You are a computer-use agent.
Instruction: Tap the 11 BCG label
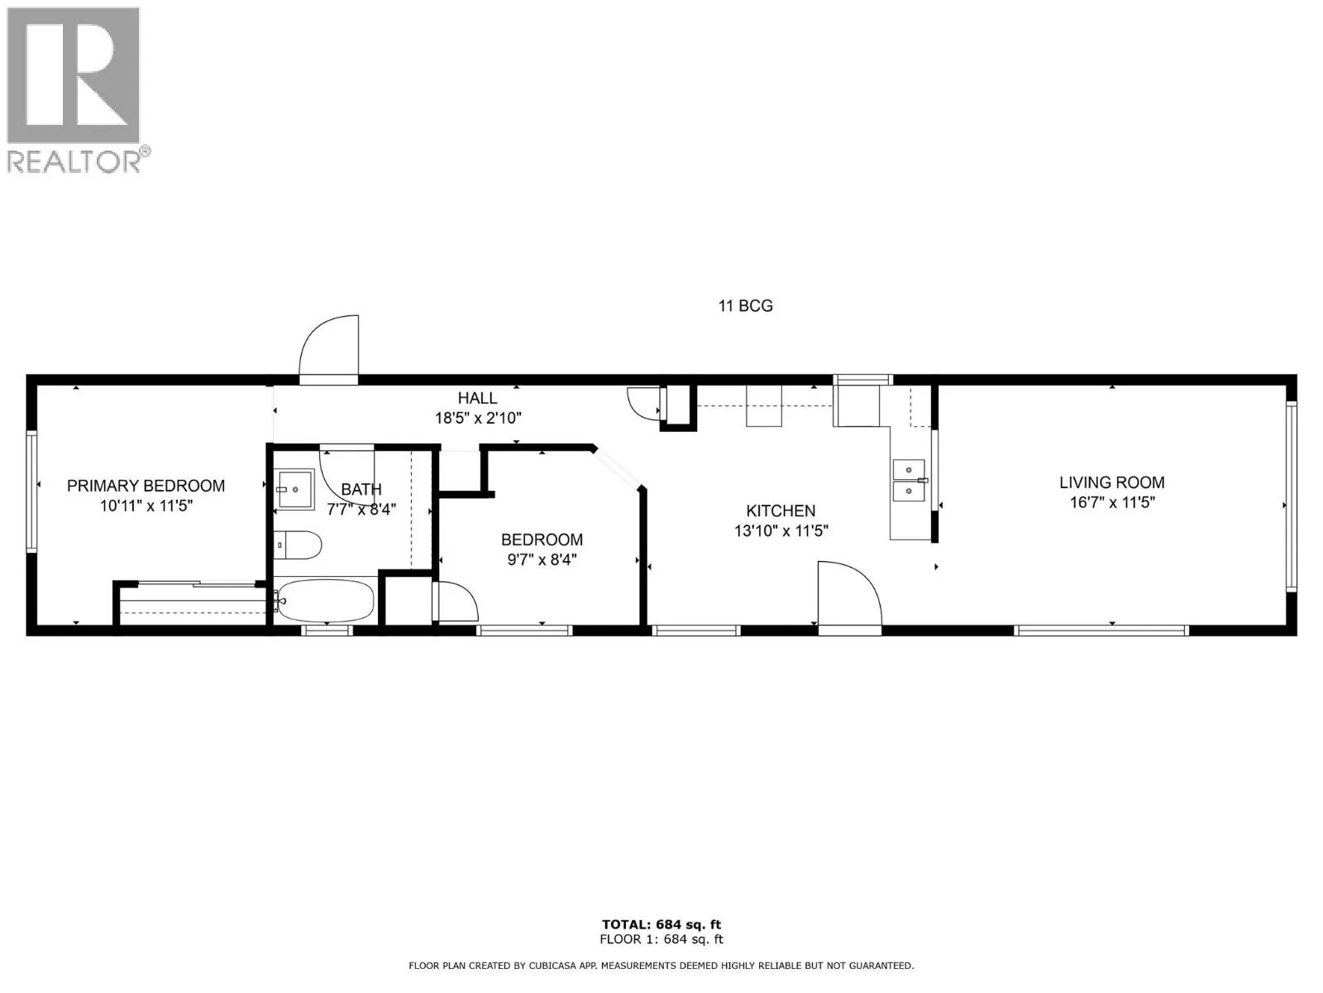tap(745, 306)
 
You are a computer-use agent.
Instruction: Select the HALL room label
tap(477, 399)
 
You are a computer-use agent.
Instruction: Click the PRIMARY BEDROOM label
tap(146, 486)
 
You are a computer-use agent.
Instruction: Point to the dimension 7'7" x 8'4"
tap(361, 510)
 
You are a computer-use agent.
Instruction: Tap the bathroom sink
tap(294, 488)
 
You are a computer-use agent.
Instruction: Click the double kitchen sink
tap(909, 481)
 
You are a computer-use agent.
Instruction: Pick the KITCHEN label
tap(781, 511)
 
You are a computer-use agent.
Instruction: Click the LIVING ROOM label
tap(1111, 482)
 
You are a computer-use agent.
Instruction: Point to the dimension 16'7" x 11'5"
tap(1111, 502)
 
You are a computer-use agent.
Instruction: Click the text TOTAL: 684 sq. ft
tap(661, 924)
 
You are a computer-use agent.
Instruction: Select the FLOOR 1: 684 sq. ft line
tap(661, 939)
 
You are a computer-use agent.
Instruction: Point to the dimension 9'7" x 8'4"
tap(542, 559)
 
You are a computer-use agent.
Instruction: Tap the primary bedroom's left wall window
tap(32, 492)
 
